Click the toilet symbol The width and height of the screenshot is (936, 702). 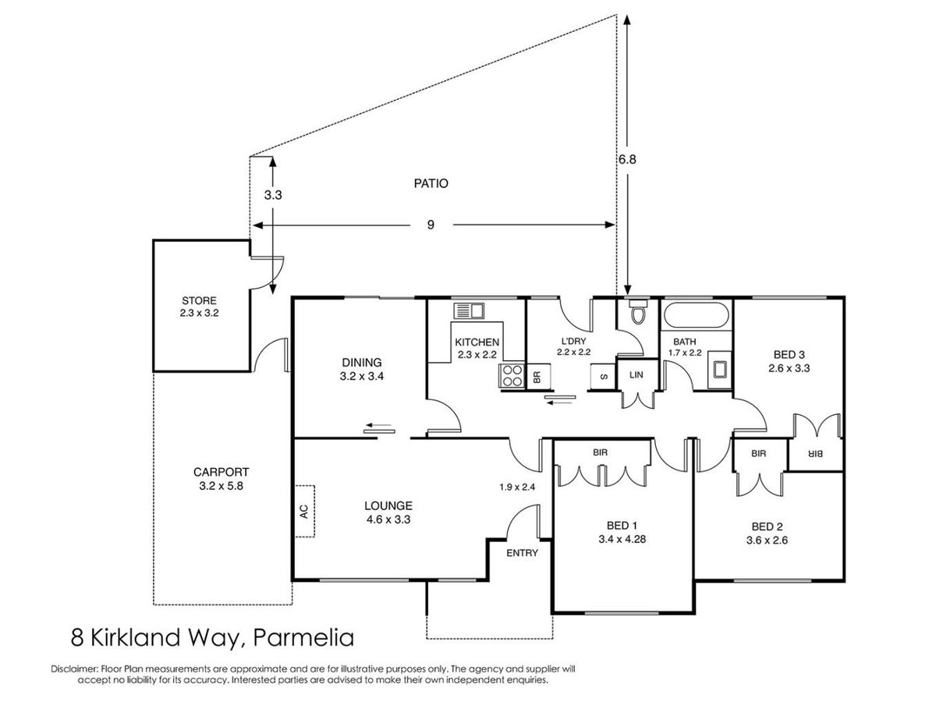pyautogui.click(x=637, y=311)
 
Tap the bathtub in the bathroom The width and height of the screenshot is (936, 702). pyautogui.click(x=696, y=315)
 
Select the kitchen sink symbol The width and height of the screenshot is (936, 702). pyautogui.click(x=469, y=310)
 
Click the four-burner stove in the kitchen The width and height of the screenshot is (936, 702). pyautogui.click(x=512, y=375)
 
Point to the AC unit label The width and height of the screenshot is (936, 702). pyautogui.click(x=304, y=511)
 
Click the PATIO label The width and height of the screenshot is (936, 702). pyautogui.click(x=431, y=183)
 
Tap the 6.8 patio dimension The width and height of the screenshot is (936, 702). pyautogui.click(x=627, y=159)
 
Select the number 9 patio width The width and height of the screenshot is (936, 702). pyautogui.click(x=431, y=225)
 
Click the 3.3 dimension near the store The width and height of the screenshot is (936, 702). pyautogui.click(x=273, y=195)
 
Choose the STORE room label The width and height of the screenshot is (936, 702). pyautogui.click(x=199, y=300)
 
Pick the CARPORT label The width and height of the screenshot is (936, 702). pyautogui.click(x=221, y=472)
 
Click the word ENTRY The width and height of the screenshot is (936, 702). pyautogui.click(x=522, y=553)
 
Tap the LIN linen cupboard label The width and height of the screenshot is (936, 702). pyautogui.click(x=636, y=374)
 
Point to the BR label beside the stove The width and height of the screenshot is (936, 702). pyautogui.click(x=537, y=377)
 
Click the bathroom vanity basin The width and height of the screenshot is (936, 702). pyautogui.click(x=719, y=369)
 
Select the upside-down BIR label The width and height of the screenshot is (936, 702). pyautogui.click(x=815, y=455)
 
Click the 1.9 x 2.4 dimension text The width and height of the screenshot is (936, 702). pyautogui.click(x=517, y=487)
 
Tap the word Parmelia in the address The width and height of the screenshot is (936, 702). pyautogui.click(x=303, y=638)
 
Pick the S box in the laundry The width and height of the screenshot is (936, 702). pyautogui.click(x=603, y=377)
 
